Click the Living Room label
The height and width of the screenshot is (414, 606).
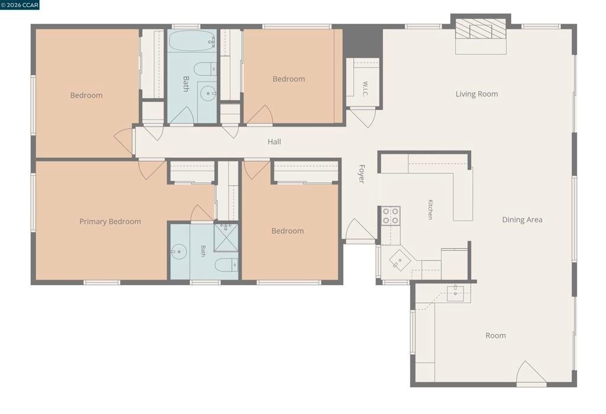[x=476, y=94]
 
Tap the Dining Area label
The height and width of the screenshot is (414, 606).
[x=522, y=220]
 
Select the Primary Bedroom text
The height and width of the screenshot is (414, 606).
[x=110, y=222]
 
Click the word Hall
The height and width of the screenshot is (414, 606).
[x=275, y=142]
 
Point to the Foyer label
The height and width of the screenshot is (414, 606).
[x=362, y=174]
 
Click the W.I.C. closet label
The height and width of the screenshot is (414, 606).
[x=365, y=89]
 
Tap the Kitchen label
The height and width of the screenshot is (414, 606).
[x=430, y=210]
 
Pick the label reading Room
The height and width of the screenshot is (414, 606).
[x=495, y=335]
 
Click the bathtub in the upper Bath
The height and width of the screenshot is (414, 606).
[x=192, y=41]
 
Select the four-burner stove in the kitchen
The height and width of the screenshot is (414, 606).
[x=391, y=216]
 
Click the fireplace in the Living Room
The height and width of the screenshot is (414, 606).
[x=481, y=29]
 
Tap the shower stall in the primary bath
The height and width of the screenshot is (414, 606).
[x=225, y=238]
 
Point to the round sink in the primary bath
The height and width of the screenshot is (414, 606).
[x=179, y=252]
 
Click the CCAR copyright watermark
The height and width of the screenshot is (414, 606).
[x=20, y=5]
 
